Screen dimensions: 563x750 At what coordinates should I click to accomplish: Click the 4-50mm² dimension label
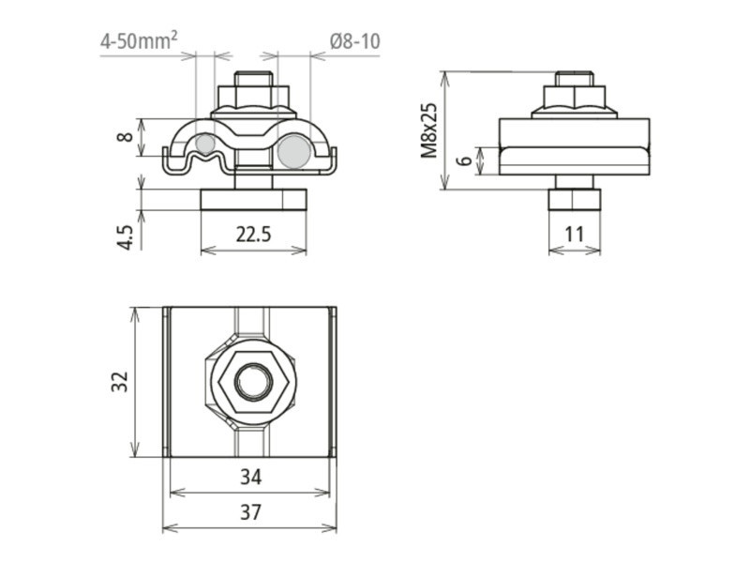140,41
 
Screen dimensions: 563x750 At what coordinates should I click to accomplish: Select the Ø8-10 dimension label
354,41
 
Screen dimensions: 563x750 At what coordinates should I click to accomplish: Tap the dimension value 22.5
253,235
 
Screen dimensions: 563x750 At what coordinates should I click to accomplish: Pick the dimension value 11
574,235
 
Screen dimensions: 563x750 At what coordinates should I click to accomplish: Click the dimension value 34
249,478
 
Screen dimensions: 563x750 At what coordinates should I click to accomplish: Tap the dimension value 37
249,512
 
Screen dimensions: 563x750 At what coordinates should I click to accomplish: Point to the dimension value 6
464,160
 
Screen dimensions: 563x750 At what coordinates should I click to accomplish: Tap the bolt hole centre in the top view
252,381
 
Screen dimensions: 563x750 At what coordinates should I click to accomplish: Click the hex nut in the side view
574,98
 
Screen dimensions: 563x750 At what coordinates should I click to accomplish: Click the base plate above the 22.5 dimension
253,199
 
